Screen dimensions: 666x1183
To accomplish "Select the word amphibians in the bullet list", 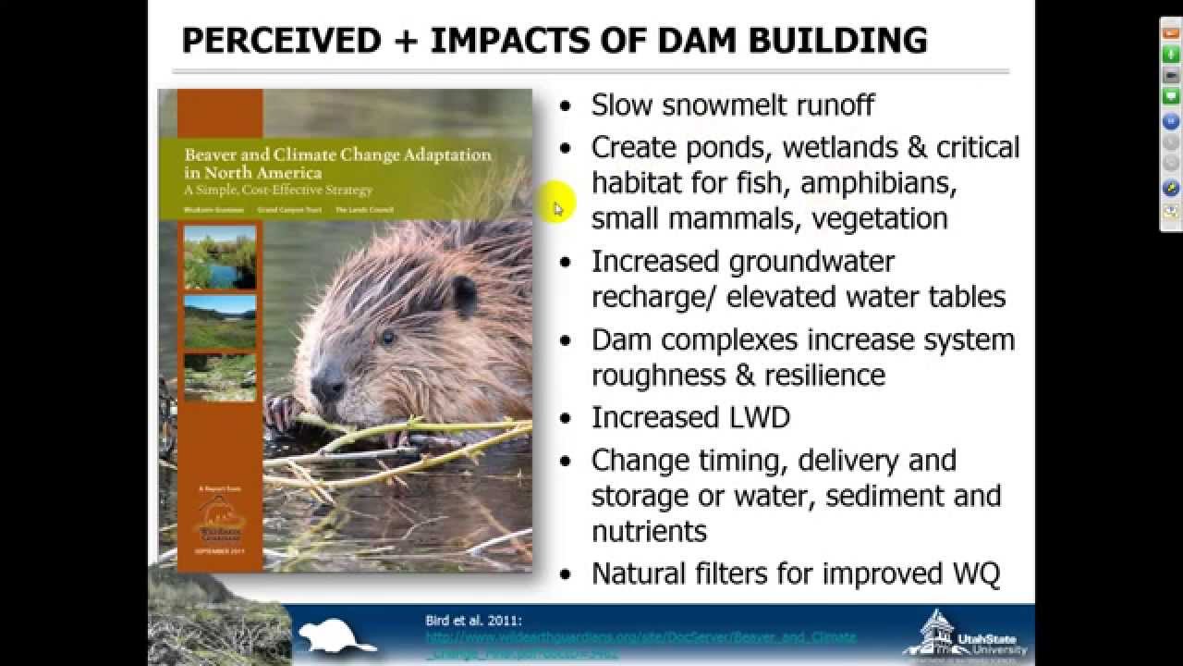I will click(x=878, y=182).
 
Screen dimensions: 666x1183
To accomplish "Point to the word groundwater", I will click(x=811, y=262).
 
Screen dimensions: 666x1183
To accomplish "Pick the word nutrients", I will click(x=649, y=531).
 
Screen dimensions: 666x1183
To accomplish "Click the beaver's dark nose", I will click(x=325, y=382).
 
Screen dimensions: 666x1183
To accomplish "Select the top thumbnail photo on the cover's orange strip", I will click(x=220, y=258).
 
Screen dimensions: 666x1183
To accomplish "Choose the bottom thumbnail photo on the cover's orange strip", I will click(x=220, y=376).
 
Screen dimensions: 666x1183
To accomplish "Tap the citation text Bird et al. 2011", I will click(x=473, y=621).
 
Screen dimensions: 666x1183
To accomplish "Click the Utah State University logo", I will click(x=966, y=635).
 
